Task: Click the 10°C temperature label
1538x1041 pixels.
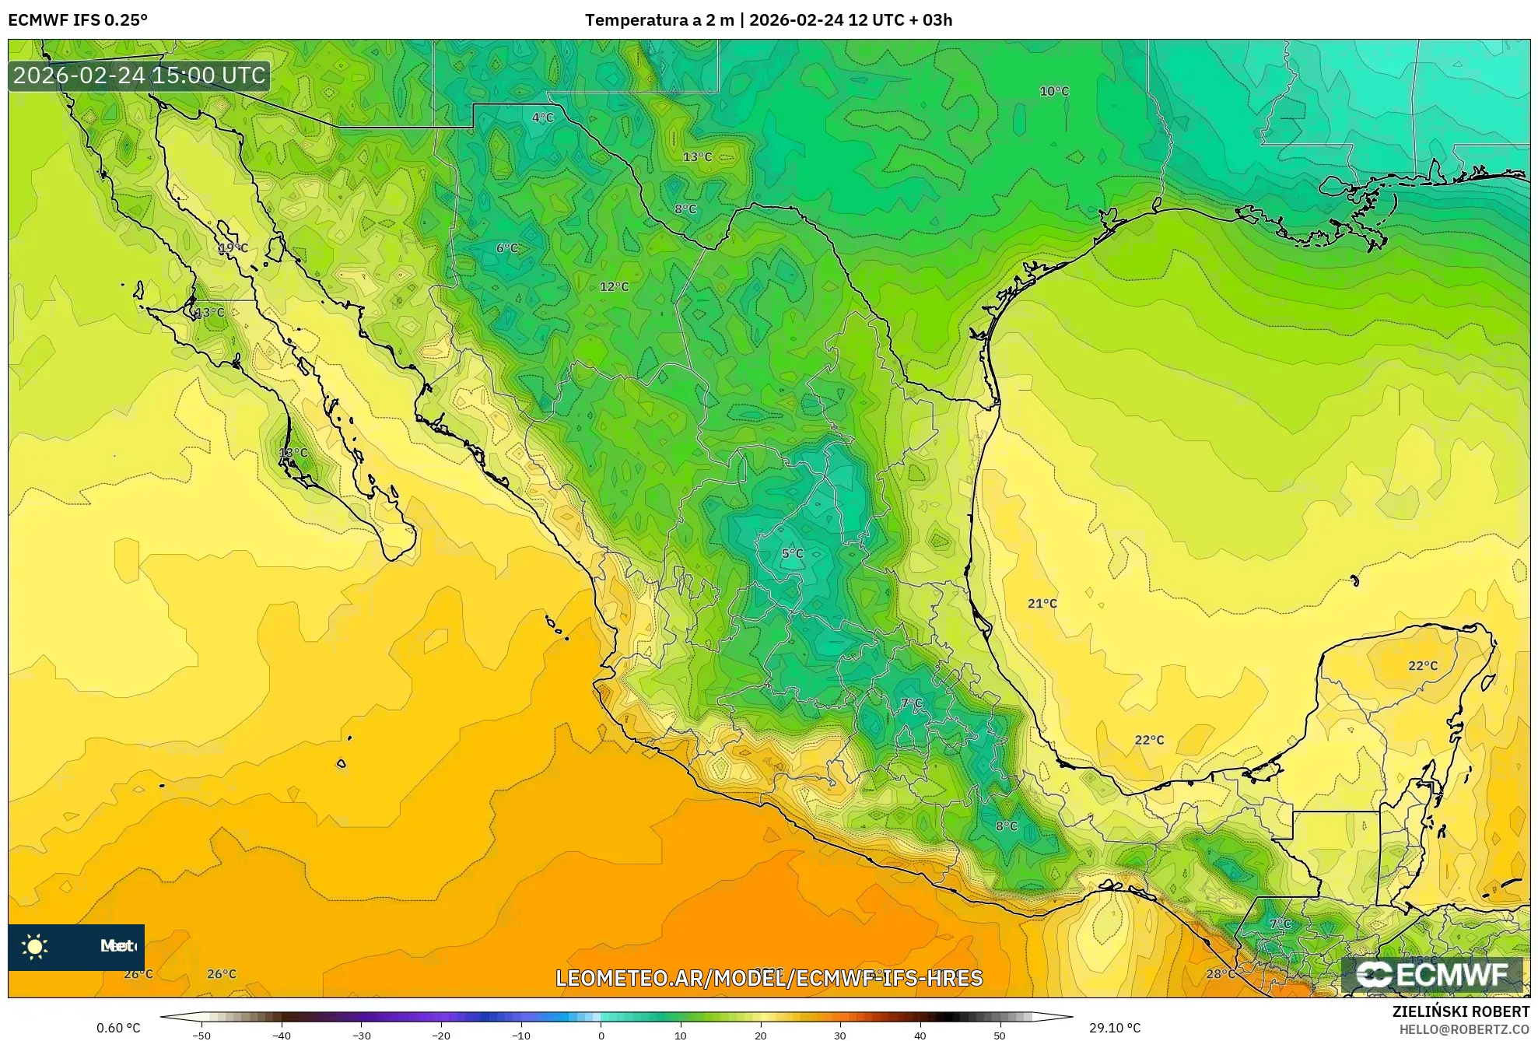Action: click(1054, 91)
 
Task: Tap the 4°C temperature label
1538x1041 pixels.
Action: click(542, 117)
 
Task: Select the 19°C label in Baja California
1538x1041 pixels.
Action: click(233, 248)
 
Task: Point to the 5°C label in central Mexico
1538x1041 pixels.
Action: click(792, 553)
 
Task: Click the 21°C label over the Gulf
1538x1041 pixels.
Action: click(1042, 603)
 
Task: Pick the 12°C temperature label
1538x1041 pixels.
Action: click(614, 286)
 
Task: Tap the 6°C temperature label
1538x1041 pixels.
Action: click(506, 248)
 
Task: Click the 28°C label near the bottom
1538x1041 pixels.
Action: click(1220, 973)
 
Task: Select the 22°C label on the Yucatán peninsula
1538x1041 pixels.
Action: click(1422, 665)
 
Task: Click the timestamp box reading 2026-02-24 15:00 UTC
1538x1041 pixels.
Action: click(139, 75)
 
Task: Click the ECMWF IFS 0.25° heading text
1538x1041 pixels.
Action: click(78, 19)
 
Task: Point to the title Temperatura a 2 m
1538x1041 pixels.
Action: click(659, 19)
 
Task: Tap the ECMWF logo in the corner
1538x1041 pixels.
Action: click(1431, 974)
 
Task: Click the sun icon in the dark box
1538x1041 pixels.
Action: click(35, 946)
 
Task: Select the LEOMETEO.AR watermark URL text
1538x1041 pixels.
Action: click(769, 978)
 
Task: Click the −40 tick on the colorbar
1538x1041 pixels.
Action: click(282, 1035)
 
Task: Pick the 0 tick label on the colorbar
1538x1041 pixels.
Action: click(601, 1035)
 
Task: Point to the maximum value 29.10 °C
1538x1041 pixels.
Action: click(1114, 1028)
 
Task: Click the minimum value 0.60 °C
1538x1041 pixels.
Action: click(118, 1028)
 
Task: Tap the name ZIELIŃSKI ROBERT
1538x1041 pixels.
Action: click(1460, 1011)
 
